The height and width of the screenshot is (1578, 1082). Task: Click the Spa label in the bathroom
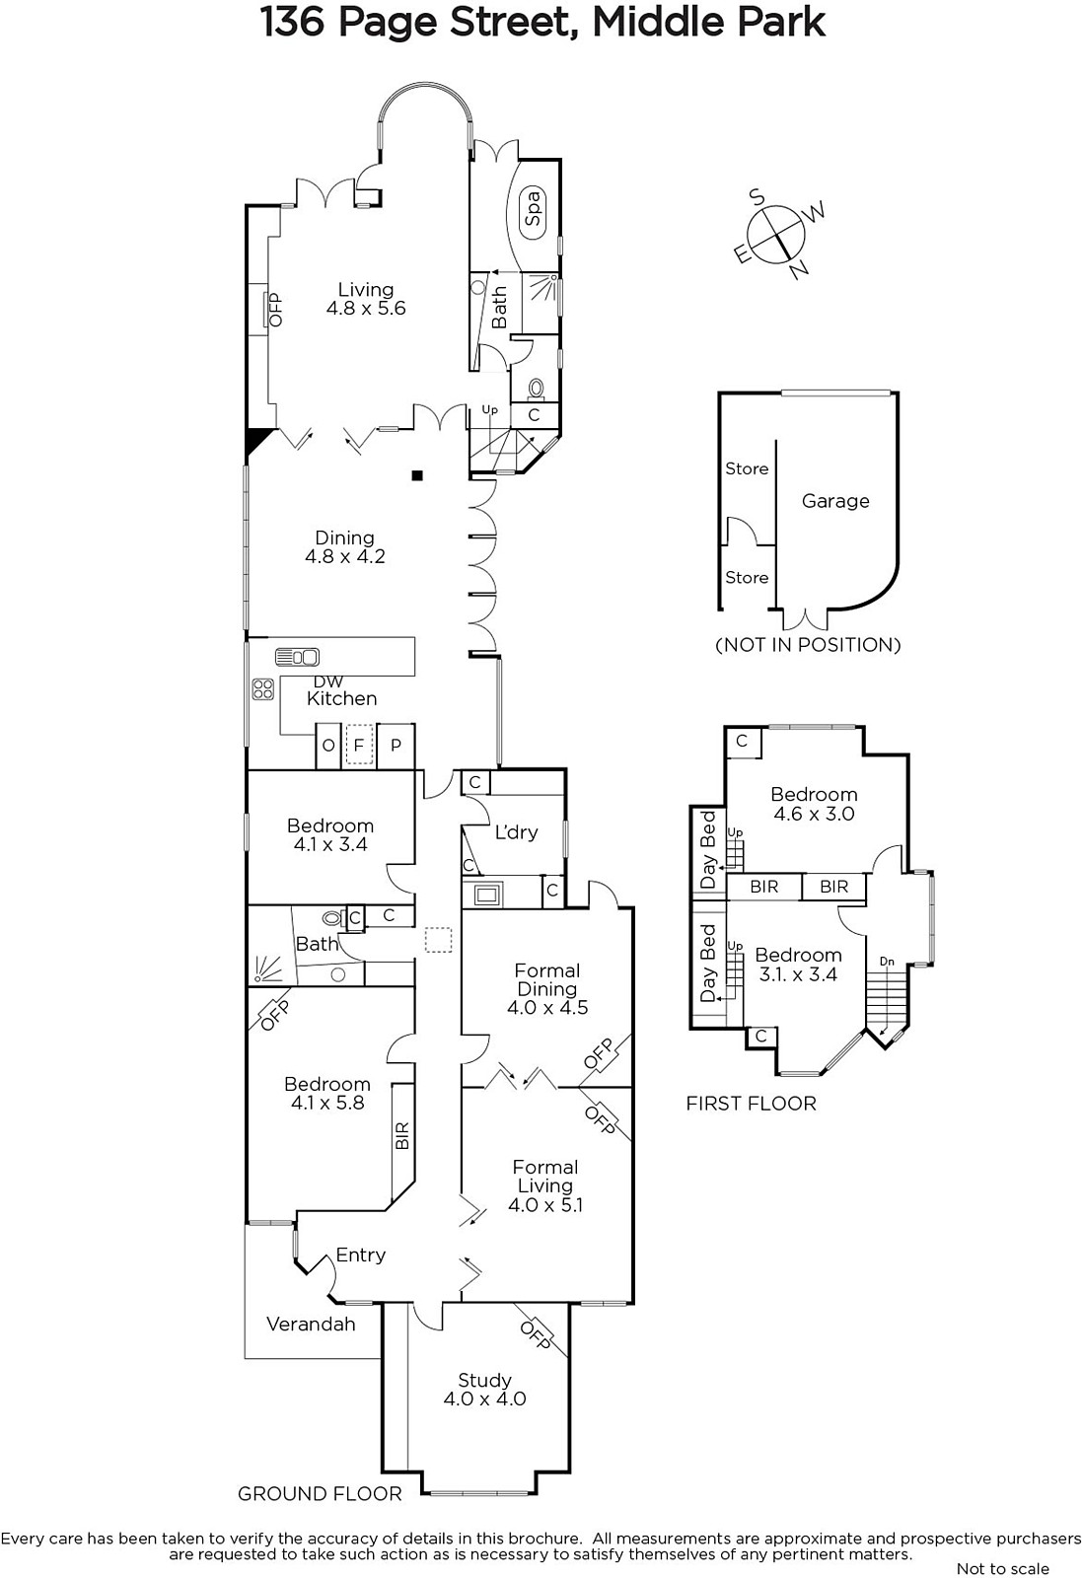click(534, 208)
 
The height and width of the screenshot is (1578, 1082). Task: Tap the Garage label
click(835, 501)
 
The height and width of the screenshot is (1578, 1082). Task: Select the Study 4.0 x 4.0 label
click(484, 1390)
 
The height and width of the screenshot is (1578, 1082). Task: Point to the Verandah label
click(311, 1324)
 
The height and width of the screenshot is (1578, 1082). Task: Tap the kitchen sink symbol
click(297, 657)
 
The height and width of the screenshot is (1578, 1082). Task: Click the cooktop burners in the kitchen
click(263, 689)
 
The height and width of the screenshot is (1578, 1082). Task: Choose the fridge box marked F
click(359, 745)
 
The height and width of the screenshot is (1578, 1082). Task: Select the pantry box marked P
click(396, 745)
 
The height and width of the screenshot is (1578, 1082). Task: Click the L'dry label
click(517, 832)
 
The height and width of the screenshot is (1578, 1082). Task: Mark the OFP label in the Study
click(536, 1335)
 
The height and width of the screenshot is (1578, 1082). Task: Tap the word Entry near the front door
click(361, 1255)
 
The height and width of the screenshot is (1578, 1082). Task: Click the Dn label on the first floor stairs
click(887, 961)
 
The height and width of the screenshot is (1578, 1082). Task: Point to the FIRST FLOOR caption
click(751, 1104)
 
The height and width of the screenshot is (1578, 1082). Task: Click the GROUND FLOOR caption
click(320, 1493)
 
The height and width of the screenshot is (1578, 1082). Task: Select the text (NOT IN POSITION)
click(808, 645)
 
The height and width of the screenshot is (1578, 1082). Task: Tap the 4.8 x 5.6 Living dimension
click(366, 308)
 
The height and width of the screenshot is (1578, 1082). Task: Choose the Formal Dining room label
click(547, 979)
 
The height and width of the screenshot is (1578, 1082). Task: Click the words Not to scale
click(1003, 1568)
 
